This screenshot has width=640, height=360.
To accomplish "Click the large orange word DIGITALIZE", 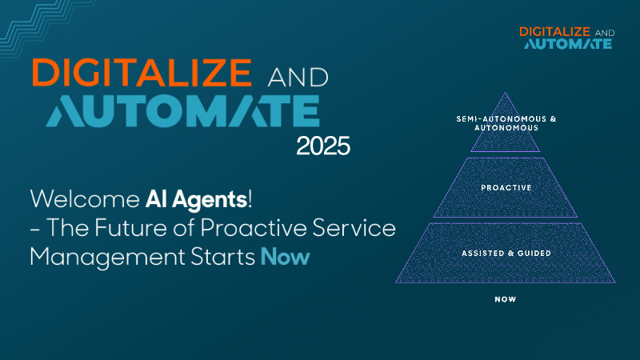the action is pyautogui.click(x=142, y=72).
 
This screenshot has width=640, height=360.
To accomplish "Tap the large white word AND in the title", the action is pyautogui.click(x=298, y=77).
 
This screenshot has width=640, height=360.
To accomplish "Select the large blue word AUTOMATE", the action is pyautogui.click(x=183, y=110).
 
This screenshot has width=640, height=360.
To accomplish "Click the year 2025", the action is pyautogui.click(x=323, y=146).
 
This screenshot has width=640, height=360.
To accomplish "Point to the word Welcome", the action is pyautogui.click(x=85, y=199).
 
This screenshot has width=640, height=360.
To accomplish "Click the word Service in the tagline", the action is pyautogui.click(x=354, y=227).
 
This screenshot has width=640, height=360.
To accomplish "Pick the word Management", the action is pyautogui.click(x=107, y=258).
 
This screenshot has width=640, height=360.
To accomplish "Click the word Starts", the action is pyautogui.click(x=223, y=257).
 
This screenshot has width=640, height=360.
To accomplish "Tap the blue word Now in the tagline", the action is pyautogui.click(x=286, y=257).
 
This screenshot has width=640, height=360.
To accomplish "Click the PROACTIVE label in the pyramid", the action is pyautogui.click(x=506, y=188).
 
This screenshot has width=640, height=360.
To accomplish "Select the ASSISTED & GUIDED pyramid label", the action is pyautogui.click(x=506, y=254).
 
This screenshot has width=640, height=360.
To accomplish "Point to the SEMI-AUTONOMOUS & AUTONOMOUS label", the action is pyautogui.click(x=506, y=123).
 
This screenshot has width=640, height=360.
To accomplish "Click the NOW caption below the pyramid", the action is pyautogui.click(x=506, y=299).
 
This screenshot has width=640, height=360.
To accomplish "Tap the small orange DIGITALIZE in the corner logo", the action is pyautogui.click(x=554, y=32).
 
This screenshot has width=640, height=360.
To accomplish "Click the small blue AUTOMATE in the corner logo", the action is pyautogui.click(x=568, y=44).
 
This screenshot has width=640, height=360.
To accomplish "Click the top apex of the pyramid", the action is pyautogui.click(x=506, y=92).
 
